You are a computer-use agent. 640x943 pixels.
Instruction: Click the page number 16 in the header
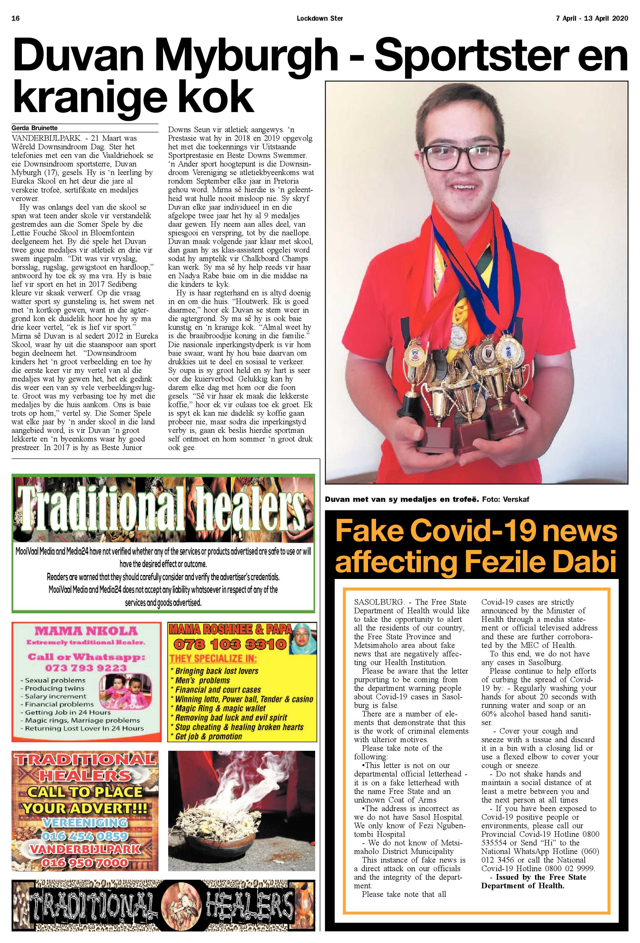tap(16, 18)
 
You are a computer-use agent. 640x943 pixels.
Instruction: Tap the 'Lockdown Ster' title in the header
tap(320, 18)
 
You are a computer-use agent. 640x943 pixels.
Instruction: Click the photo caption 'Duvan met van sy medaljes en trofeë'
tap(401, 499)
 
